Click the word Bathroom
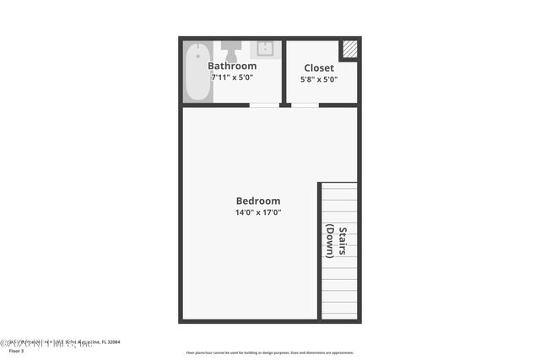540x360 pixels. click(232, 66)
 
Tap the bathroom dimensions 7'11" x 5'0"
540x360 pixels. click(232, 77)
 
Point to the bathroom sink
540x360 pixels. click(266, 47)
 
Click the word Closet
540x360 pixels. click(319, 68)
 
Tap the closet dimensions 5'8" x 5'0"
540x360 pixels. click(319, 79)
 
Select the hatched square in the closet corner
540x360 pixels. click(348, 48)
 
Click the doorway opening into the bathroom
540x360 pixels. click(265, 105)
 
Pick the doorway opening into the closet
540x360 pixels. click(305, 105)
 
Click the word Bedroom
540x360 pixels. click(257, 201)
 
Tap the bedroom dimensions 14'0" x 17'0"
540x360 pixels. click(257, 212)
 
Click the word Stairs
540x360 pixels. click(343, 240)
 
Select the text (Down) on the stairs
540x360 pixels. click(331, 240)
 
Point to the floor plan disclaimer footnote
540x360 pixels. click(270, 352)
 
